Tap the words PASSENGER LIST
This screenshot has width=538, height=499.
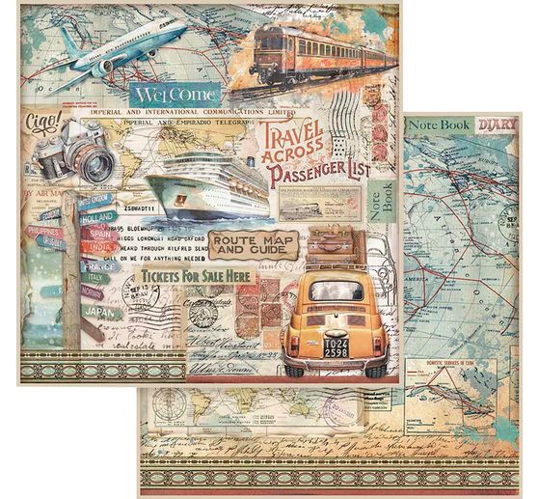point(329,176)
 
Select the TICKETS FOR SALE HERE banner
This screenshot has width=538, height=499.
point(197,276)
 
